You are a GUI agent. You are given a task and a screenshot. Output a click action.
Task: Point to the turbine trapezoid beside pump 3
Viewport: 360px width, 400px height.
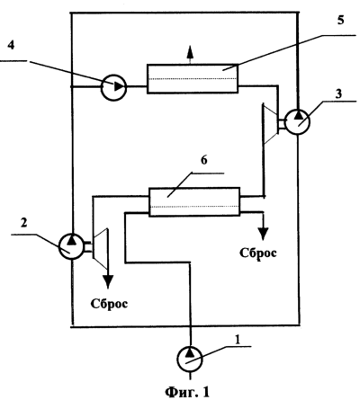tap(271, 123)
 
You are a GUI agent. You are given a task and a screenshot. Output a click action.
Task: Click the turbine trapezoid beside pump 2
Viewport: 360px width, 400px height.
tap(101, 248)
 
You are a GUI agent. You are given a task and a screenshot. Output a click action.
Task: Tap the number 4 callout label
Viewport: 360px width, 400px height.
tap(11, 46)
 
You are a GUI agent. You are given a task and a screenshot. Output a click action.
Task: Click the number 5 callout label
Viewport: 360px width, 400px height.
tap(340, 20)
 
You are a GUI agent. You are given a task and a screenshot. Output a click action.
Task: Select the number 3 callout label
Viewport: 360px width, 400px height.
tap(338, 93)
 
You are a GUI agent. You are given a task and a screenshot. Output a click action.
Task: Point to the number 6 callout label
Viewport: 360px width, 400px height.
tap(203, 160)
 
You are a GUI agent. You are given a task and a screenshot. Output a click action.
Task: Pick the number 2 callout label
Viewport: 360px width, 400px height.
tap(23, 223)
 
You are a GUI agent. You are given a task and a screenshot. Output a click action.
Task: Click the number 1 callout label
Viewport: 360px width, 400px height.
tap(238, 340)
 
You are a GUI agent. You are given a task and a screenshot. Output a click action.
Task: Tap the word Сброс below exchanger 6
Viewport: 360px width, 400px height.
tap(258, 253)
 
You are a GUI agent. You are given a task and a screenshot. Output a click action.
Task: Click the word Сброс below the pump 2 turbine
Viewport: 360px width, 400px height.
tap(109, 304)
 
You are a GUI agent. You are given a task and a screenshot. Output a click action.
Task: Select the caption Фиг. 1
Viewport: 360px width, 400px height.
tap(186, 392)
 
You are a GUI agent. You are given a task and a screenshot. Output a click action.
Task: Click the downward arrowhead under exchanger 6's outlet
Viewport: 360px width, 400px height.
tap(264, 235)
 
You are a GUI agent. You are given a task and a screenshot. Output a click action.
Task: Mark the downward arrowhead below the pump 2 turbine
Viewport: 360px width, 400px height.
tap(108, 283)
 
